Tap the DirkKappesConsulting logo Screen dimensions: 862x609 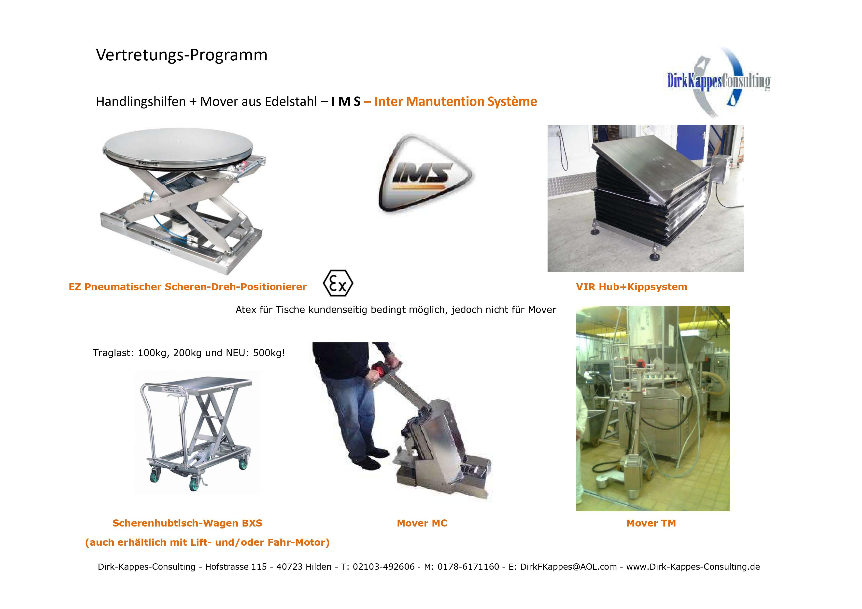click(x=718, y=81)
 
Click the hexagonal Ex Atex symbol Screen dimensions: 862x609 click(x=338, y=283)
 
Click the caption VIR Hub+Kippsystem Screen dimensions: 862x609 click(x=632, y=287)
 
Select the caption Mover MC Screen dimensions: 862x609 click(x=422, y=523)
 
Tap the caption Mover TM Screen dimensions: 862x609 click(x=651, y=523)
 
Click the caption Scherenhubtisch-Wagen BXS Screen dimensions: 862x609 click(x=187, y=523)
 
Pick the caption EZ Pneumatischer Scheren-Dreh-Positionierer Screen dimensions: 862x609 click(x=188, y=287)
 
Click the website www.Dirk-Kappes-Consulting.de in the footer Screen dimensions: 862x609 click(x=693, y=567)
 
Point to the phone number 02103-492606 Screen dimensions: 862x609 click(x=384, y=567)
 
